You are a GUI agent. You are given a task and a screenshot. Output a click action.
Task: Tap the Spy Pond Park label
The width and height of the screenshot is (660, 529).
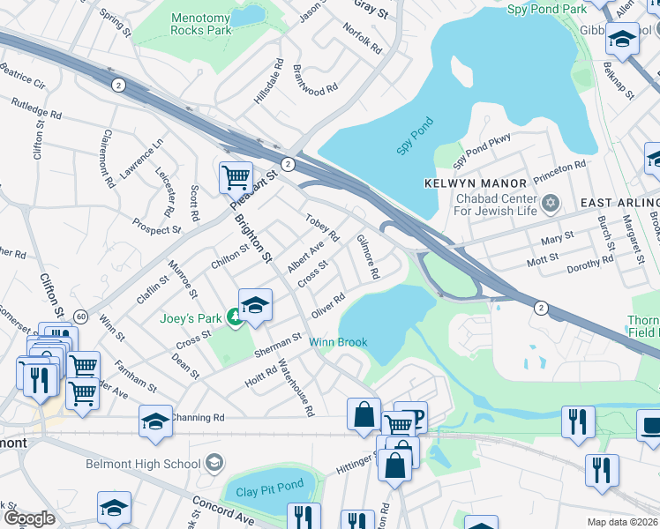click(x=547, y=9)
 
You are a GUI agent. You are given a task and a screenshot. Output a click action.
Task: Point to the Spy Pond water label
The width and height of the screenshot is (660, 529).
click(x=416, y=138)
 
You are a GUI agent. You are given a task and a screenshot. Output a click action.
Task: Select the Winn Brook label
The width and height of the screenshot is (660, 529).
click(x=337, y=342)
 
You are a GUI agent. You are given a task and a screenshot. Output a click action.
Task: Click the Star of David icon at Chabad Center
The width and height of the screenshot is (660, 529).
click(x=551, y=204)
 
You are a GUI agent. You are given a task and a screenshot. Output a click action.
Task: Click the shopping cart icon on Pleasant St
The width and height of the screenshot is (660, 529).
click(x=236, y=177)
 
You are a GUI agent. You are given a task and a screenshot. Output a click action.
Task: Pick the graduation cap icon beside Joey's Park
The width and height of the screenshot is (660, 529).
click(x=255, y=305)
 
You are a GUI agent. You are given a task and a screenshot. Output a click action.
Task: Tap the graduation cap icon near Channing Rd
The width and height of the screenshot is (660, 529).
click(x=155, y=421)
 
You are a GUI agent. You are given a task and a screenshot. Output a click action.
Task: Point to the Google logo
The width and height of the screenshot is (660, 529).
click(x=29, y=518)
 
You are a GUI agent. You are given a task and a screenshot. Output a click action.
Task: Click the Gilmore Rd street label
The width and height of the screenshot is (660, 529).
click(x=368, y=257)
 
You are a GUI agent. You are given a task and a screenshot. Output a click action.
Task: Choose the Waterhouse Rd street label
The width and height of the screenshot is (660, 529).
click(x=296, y=385)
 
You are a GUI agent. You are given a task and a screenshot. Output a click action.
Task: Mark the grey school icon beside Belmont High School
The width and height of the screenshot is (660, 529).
click(x=213, y=463)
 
